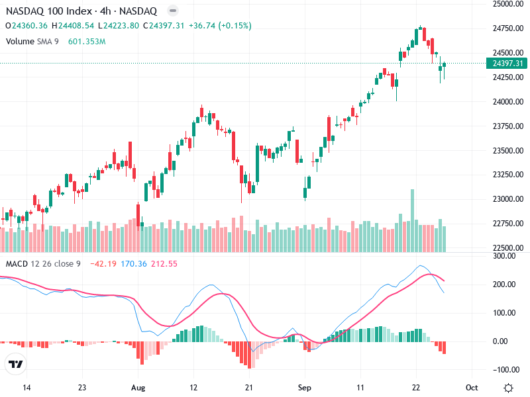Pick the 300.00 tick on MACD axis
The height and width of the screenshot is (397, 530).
click(508, 256)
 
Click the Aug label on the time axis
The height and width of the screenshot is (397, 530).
click(138, 388)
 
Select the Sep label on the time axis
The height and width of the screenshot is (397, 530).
click(304, 388)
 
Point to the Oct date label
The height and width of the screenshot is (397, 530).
click(471, 388)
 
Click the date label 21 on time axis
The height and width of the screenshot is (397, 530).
click(248, 388)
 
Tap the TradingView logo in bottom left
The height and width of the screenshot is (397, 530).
click(16, 365)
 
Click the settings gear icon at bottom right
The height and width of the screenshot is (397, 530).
click(508, 388)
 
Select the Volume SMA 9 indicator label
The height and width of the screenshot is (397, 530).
click(33, 41)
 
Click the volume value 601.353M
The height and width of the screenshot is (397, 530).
click(87, 41)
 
